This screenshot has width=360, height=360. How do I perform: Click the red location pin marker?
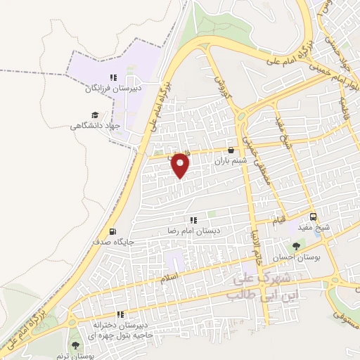181,165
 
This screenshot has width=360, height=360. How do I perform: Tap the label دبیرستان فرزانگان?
103,90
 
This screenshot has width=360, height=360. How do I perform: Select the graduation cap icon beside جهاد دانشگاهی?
95,115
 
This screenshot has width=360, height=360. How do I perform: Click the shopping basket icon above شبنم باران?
231,149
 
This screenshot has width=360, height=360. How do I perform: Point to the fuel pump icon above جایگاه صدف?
112,231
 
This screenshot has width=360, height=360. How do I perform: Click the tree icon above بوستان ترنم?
75,345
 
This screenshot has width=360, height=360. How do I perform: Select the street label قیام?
280,221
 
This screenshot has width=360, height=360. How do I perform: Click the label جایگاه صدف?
113,241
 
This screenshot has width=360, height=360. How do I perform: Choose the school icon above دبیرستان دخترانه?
121,314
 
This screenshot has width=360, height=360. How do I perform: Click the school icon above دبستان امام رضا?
193,221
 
